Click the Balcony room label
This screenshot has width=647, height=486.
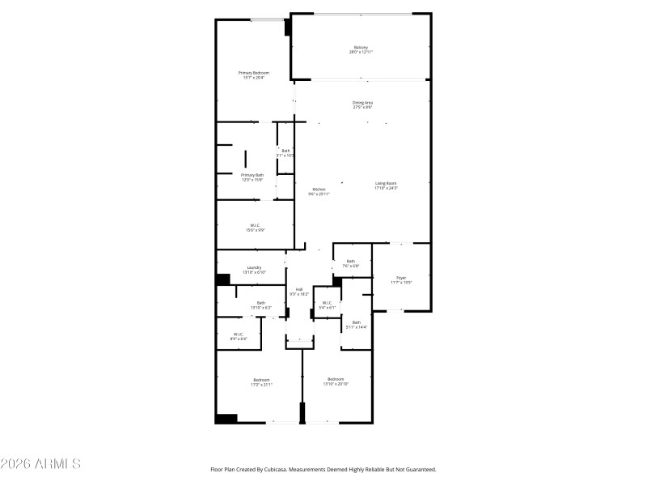361,49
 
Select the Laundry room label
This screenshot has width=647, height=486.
253,270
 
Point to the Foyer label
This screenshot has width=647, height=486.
401,279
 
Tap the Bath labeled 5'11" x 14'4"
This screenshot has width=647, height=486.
356,324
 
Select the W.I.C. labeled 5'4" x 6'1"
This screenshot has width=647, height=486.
326,305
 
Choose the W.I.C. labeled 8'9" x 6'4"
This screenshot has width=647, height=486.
239,335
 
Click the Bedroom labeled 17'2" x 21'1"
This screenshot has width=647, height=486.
260,382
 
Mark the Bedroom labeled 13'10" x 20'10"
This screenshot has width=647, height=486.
336,381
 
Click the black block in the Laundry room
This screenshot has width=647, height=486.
222,280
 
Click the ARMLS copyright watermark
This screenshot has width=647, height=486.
40,464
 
